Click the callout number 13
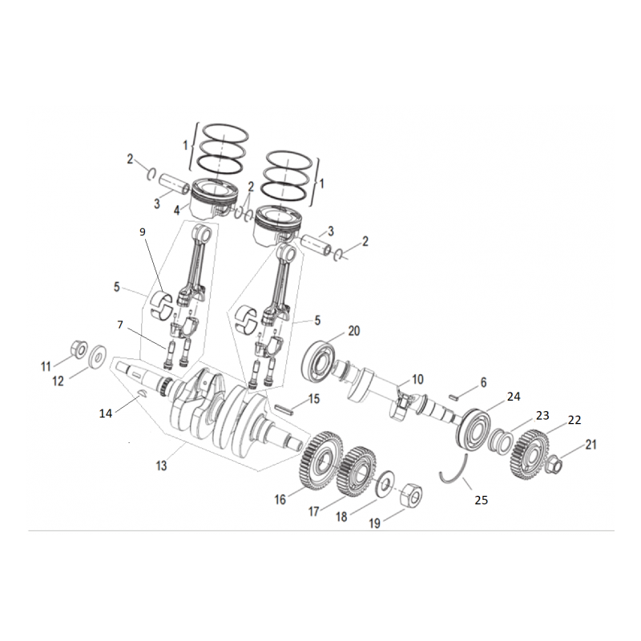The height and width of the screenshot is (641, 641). (162, 466)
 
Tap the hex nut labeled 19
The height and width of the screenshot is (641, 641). (412, 496)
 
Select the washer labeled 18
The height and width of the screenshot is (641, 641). (385, 485)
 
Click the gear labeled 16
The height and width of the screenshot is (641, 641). (321, 460)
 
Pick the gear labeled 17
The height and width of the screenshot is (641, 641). (357, 471)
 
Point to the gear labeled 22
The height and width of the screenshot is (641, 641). (530, 454)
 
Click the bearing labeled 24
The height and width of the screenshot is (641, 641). (474, 429)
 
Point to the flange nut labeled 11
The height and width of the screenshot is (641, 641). (79, 349)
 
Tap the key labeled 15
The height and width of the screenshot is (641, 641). (284, 409)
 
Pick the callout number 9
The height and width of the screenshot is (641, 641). (143, 232)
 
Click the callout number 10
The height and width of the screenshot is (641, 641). (417, 379)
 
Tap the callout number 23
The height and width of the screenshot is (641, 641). (542, 415)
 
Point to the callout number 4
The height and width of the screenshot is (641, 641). (176, 211)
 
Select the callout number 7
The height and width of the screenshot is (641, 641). (119, 325)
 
